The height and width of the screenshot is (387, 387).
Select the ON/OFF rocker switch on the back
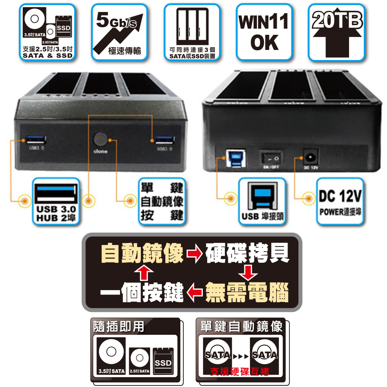(x=271, y=158)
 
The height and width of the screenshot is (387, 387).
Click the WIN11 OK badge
(x=264, y=32)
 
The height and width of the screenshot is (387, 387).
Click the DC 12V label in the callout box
(x=340, y=197)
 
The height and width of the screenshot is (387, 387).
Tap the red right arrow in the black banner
(x=195, y=254)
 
